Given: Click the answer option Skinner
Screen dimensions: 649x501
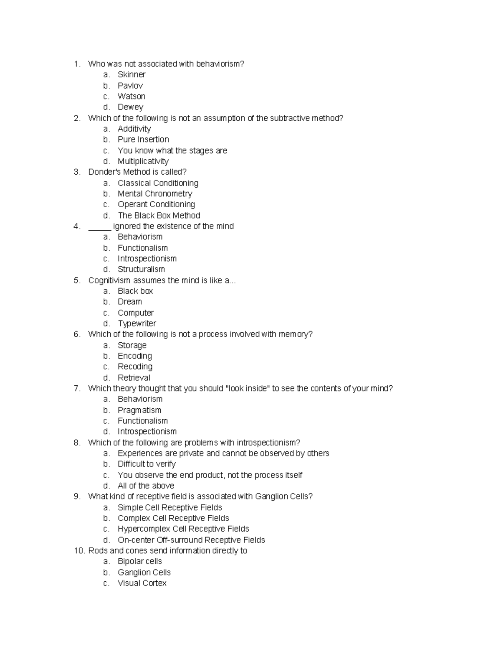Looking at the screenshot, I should click(x=132, y=75).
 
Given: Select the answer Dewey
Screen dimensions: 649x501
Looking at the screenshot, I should click(x=130, y=107).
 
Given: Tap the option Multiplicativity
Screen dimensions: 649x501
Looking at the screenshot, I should click(x=143, y=161).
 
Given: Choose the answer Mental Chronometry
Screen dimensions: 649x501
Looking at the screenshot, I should click(x=154, y=194).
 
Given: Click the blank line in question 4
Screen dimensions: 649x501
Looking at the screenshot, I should click(x=99, y=227).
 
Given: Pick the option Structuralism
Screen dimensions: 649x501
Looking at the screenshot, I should click(x=141, y=270).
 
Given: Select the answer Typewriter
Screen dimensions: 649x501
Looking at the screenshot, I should click(x=137, y=324).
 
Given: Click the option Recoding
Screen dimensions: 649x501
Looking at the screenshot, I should click(x=135, y=367).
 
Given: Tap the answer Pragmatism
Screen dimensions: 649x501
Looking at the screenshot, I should click(x=139, y=410).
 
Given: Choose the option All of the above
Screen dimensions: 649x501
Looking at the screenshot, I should click(x=146, y=486).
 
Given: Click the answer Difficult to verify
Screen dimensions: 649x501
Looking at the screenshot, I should click(x=147, y=464).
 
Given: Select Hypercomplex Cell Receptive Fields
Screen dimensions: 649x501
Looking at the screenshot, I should click(x=183, y=529).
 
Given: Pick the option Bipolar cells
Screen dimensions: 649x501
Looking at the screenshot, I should click(x=139, y=562).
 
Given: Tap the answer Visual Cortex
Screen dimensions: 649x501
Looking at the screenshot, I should click(x=142, y=583).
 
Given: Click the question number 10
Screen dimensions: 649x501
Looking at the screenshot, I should click(x=79, y=551).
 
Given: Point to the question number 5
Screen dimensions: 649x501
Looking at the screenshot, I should click(x=77, y=280).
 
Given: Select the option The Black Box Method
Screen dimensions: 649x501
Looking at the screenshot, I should click(x=159, y=216).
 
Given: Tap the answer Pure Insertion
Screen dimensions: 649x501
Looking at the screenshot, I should click(x=143, y=140).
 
